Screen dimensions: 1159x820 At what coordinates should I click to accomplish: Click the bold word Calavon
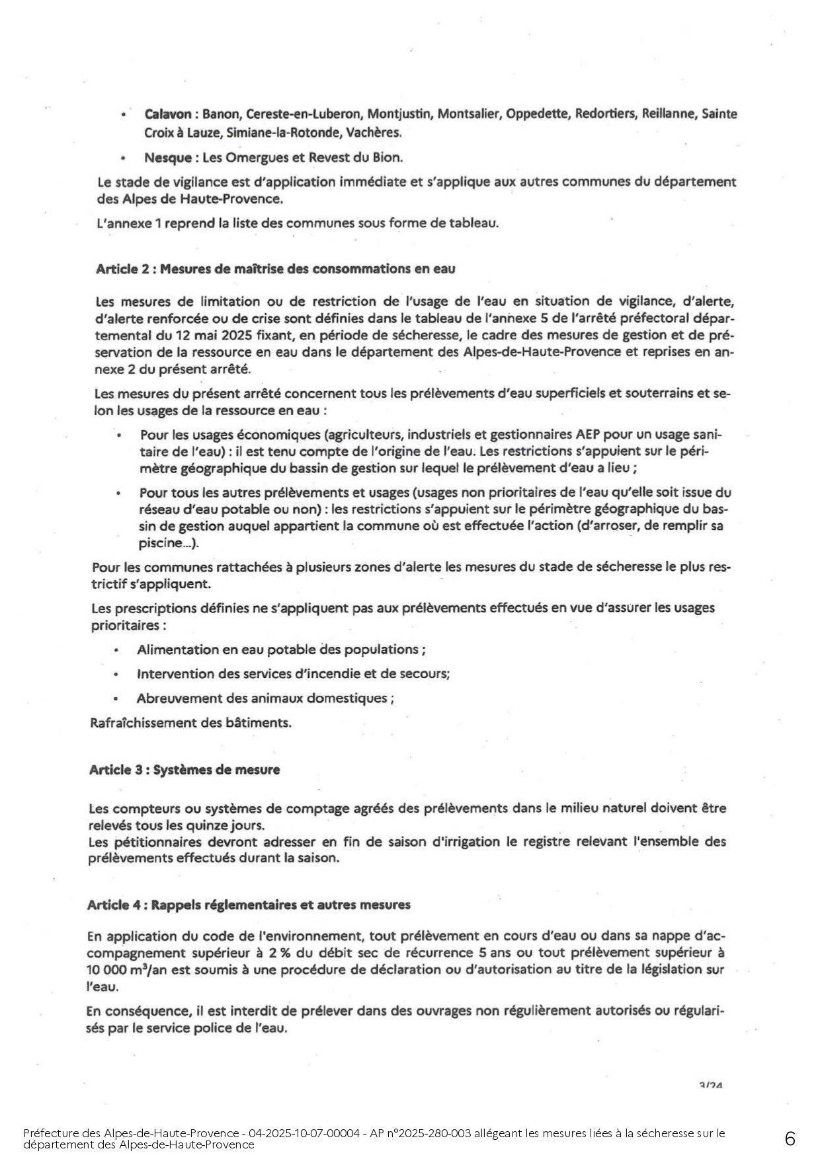169,114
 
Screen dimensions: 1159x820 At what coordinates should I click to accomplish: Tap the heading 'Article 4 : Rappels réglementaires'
248,905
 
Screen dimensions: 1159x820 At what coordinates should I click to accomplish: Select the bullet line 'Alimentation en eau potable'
280,650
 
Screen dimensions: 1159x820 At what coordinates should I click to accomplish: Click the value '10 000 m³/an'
122,969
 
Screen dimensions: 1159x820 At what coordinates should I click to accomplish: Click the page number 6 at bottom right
790,1139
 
